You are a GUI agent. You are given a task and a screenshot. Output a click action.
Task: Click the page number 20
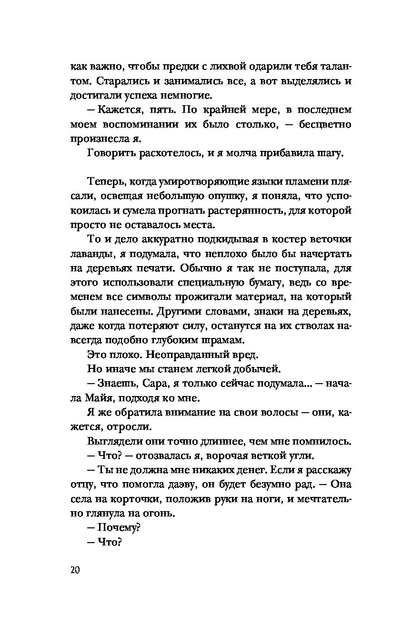pyautogui.click(x=74, y=570)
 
